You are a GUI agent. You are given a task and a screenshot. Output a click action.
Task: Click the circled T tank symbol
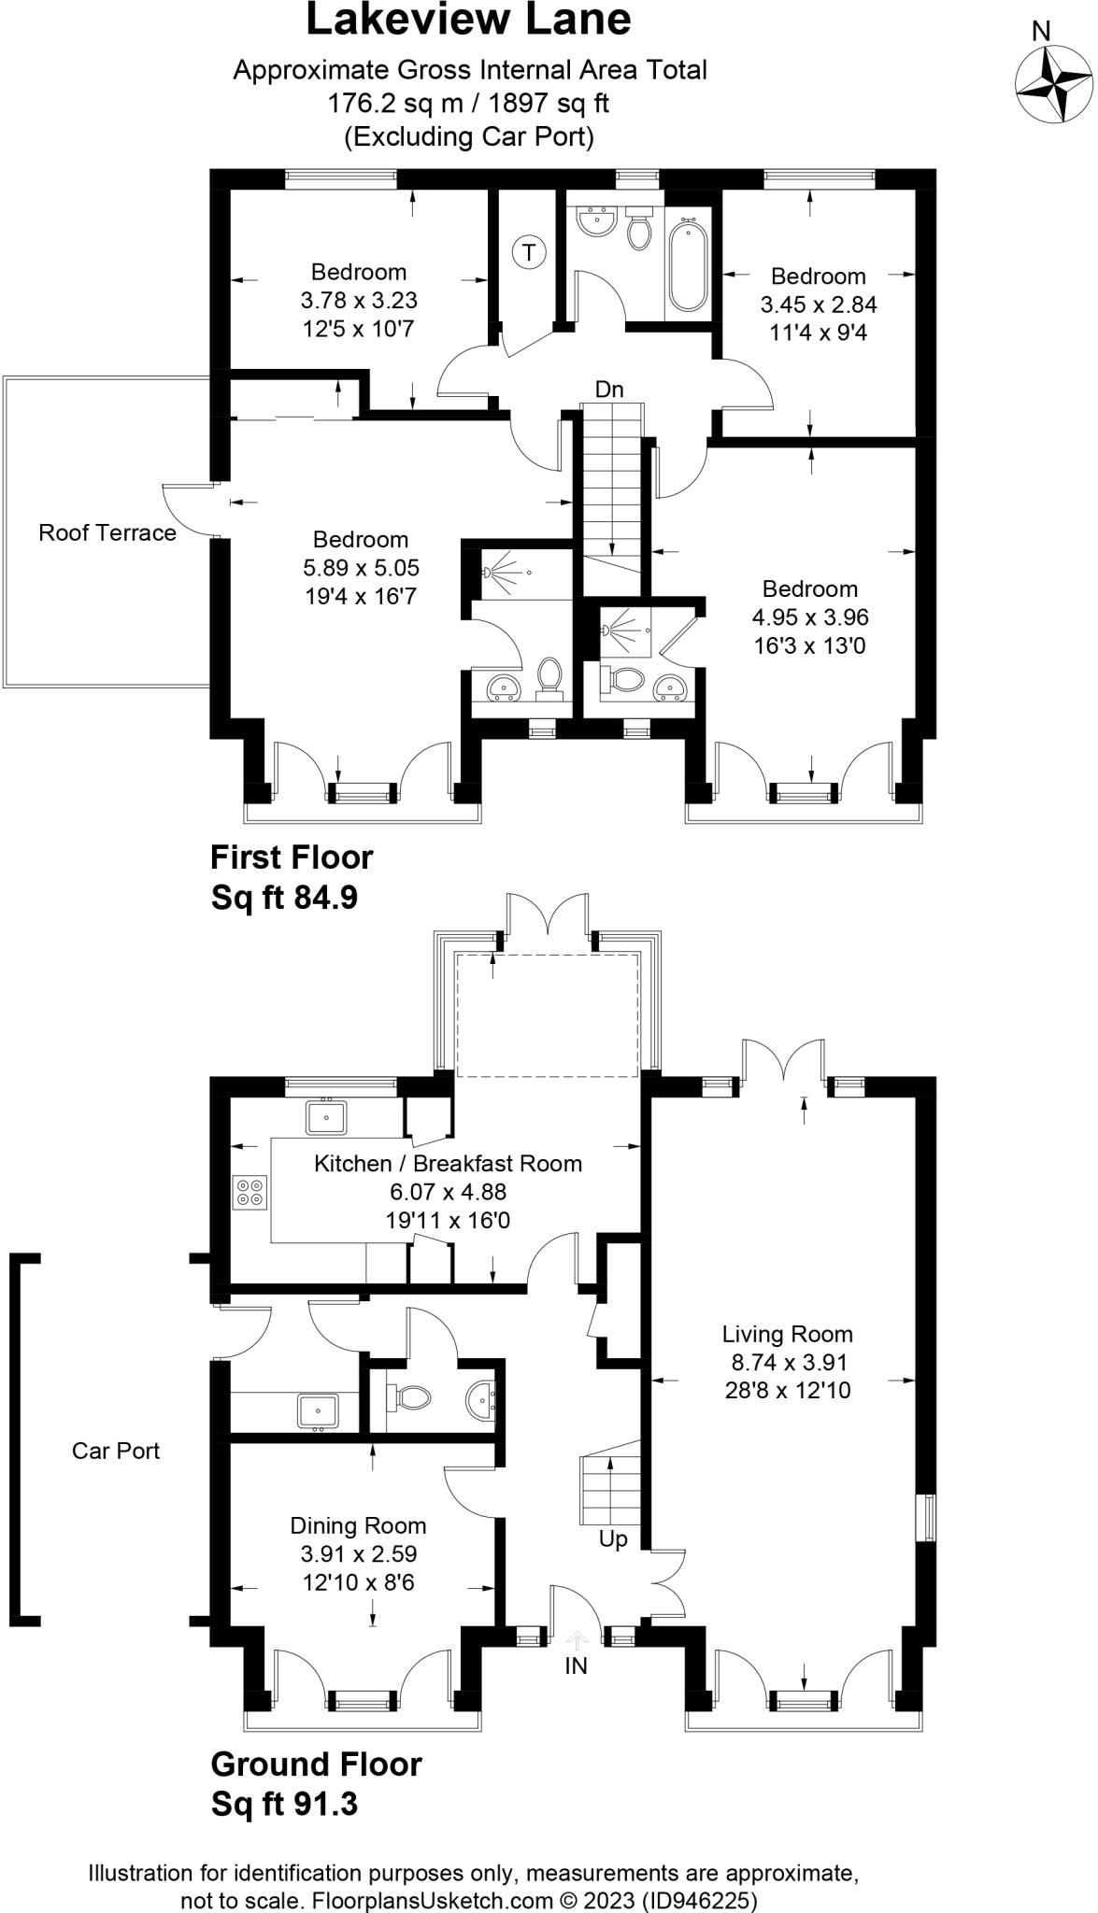(x=530, y=252)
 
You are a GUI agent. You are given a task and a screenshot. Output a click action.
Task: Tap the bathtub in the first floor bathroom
(x=689, y=264)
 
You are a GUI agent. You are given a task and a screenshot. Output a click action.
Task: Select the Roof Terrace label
(x=107, y=532)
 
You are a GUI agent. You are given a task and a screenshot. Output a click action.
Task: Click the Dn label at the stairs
(x=609, y=390)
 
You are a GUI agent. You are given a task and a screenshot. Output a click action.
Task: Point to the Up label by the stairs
(x=613, y=1539)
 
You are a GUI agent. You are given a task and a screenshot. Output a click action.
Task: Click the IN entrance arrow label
(x=577, y=1665)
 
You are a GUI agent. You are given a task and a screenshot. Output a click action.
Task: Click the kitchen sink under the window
(x=326, y=1117)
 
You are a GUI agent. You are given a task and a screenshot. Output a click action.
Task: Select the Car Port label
(x=116, y=1451)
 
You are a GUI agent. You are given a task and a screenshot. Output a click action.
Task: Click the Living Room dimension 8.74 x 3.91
(x=788, y=1362)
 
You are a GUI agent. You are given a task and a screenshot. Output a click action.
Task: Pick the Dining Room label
(x=358, y=1525)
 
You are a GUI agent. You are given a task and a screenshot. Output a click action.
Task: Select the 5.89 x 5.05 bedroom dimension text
(x=361, y=567)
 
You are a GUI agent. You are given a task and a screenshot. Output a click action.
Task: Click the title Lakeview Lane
(x=469, y=21)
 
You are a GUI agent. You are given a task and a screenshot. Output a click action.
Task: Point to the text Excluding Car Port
(x=469, y=137)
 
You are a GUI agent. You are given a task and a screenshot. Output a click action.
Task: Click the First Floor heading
(x=292, y=857)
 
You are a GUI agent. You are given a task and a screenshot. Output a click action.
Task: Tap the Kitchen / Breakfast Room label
(x=448, y=1163)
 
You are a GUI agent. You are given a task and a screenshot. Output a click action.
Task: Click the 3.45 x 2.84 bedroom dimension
(x=819, y=305)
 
